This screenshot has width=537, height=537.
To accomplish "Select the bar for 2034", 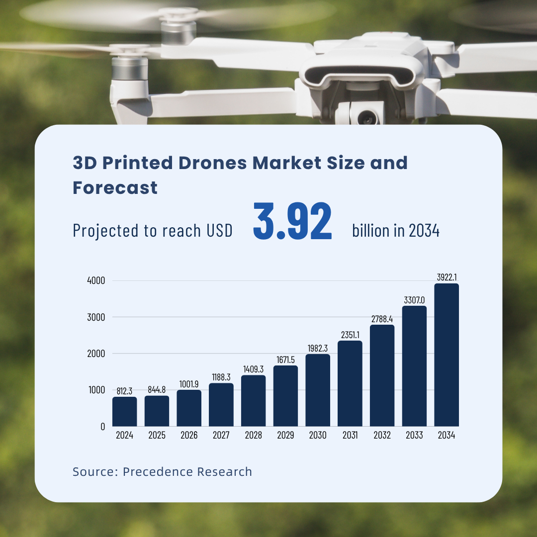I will pyautogui.click(x=446, y=355).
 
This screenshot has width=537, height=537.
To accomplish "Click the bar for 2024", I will pyautogui.click(x=124, y=411).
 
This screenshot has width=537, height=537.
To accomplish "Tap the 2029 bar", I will pyautogui.click(x=285, y=396).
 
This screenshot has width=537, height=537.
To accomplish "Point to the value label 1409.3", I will pyautogui.click(x=253, y=369).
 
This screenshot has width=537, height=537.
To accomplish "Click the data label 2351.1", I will pyautogui.click(x=350, y=335).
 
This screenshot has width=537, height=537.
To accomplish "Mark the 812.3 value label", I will pyautogui.click(x=124, y=391).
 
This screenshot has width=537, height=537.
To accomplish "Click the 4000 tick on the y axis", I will pyautogui.click(x=96, y=280).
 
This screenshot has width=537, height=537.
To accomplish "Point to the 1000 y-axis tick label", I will pyautogui.click(x=96, y=390).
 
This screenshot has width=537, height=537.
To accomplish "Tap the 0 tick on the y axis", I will pyautogui.click(x=102, y=426).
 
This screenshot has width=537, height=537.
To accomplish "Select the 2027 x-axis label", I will pyautogui.click(x=221, y=436).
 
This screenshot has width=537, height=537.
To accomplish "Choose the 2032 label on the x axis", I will pyautogui.click(x=382, y=436).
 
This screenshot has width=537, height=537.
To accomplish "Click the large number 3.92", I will pyautogui.click(x=292, y=222).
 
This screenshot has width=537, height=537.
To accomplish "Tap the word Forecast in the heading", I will pyautogui.click(x=115, y=187).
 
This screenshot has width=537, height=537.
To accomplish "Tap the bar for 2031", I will pyautogui.click(x=350, y=383).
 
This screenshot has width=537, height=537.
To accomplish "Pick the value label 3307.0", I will pyautogui.click(x=414, y=300).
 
